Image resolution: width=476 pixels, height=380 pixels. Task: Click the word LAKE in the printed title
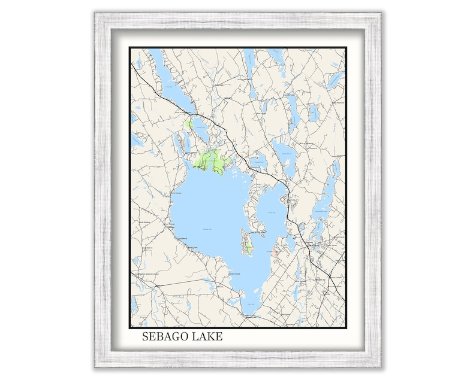(x=207, y=337)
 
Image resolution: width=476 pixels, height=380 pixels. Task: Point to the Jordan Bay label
(x=270, y=212)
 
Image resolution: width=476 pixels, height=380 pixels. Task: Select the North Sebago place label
(x=175, y=193)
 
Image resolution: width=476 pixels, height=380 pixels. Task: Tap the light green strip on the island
(x=247, y=247)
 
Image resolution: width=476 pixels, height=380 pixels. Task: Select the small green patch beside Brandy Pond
(x=189, y=124)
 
